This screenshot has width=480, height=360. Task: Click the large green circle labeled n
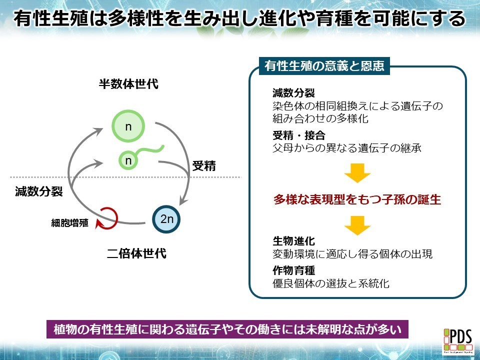pos(128,126)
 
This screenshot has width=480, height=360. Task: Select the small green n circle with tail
pos(128,160)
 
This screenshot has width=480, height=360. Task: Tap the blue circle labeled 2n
pos(166,218)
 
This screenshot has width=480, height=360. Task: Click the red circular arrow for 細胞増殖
pos(108,217)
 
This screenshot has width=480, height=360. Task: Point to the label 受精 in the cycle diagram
pos(204,166)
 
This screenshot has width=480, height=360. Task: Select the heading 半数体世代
pos(128,83)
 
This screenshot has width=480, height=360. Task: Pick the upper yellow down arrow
pos(357,173)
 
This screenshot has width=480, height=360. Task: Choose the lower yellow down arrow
pos(357,225)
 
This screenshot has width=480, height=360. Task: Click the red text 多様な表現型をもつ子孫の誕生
pos(357,199)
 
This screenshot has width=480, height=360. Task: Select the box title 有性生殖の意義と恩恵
pos(324,66)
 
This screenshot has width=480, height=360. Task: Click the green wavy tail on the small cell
pos(150,150)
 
